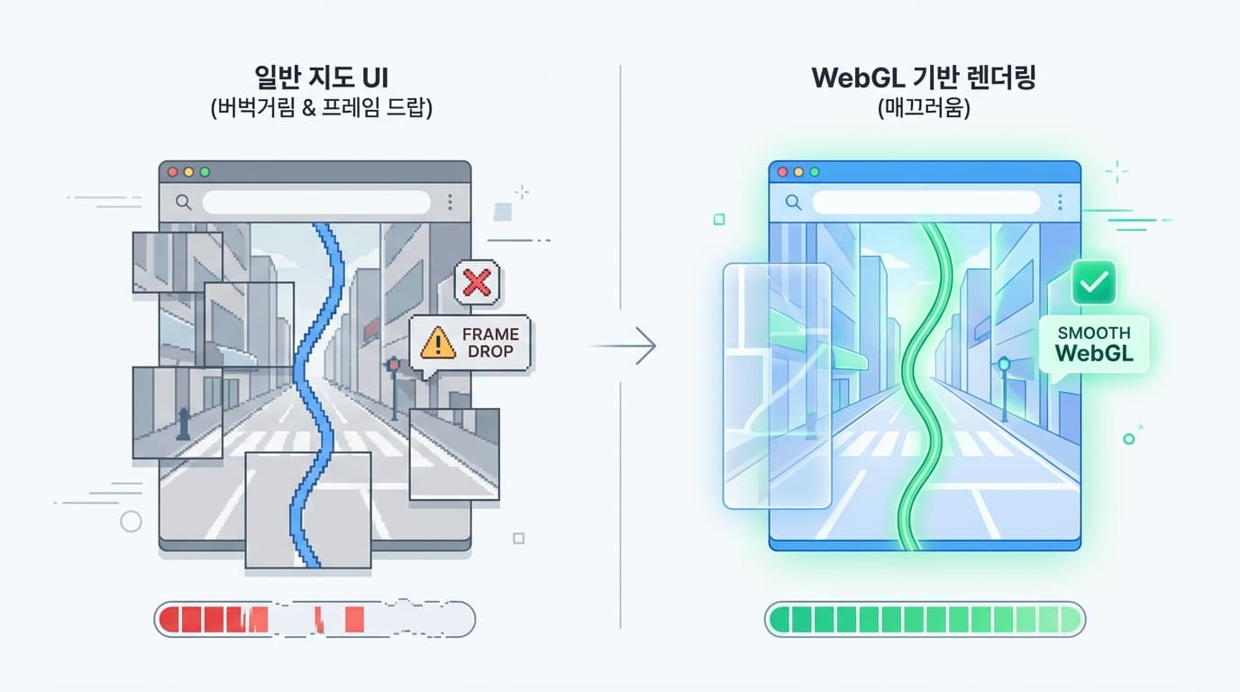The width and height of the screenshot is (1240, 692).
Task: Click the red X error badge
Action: tap(477, 283)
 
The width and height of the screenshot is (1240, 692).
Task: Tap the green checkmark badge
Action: tap(1093, 284)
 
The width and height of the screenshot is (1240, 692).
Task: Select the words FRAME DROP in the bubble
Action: tap(489, 341)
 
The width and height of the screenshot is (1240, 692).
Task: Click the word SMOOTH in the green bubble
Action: tap(1094, 332)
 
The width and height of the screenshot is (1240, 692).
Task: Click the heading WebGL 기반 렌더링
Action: tap(924, 77)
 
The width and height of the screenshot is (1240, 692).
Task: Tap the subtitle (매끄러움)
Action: tap(924, 109)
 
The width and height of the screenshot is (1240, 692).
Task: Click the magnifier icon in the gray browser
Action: tap(183, 203)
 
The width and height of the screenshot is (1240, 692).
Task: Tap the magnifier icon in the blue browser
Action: tap(793, 203)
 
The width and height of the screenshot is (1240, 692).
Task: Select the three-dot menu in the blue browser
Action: tap(1060, 202)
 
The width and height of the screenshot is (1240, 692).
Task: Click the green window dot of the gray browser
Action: tap(205, 171)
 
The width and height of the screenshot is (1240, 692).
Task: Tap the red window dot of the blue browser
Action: tap(781, 171)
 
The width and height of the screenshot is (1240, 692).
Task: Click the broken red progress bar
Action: tap(315, 619)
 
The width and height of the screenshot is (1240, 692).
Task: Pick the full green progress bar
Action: tap(925, 619)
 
